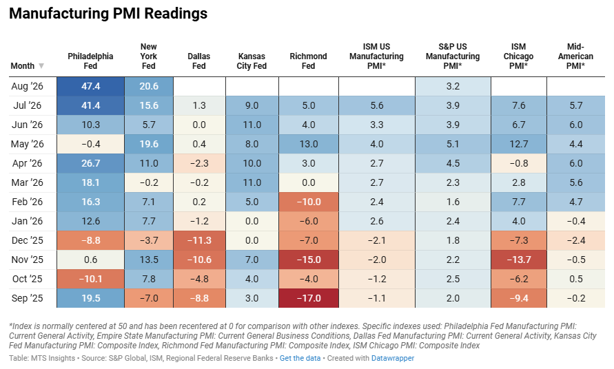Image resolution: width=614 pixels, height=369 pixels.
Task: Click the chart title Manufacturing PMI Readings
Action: tap(108, 13)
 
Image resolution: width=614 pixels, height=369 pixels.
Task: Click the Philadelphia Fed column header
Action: tap(90, 61)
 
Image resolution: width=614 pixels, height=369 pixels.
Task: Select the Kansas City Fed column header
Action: tap(252, 61)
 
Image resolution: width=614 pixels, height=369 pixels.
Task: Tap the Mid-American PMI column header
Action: tap(575, 56)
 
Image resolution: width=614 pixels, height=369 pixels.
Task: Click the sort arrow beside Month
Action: tap(41, 65)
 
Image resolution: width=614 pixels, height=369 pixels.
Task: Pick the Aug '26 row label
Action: tap(27, 86)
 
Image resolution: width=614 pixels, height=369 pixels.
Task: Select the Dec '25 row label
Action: tap(27, 240)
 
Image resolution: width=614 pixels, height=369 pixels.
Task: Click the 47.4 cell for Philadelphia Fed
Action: tap(90, 87)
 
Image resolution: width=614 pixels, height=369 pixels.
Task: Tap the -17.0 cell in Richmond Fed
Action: tap(309, 298)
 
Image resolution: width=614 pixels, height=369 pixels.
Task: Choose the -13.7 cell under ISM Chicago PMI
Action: tap(518, 260)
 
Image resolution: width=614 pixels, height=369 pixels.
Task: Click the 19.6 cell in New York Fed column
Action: tap(149, 144)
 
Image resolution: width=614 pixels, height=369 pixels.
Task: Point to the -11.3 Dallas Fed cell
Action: tap(199, 240)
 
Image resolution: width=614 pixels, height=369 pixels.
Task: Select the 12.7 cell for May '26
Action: tap(518, 144)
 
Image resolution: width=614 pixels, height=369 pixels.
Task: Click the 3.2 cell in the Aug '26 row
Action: tap(453, 87)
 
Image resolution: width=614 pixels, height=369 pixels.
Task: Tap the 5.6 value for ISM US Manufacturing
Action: tap(377, 105)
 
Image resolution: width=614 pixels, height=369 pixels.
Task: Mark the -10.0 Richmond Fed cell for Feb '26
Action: tap(309, 202)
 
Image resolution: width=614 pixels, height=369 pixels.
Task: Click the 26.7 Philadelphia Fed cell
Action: tap(90, 163)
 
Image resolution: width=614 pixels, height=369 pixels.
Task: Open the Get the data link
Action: tap(300, 358)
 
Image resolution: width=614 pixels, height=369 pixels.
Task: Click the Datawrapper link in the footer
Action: tap(392, 358)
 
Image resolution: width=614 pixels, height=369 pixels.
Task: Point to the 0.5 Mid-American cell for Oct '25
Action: tap(575, 279)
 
